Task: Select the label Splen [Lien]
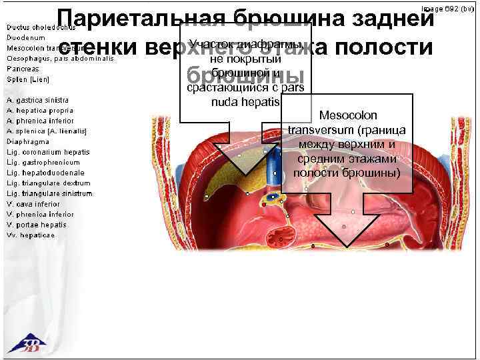(28, 79)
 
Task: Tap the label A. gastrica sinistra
(37, 100)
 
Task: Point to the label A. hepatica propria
(40, 110)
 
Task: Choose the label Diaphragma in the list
(28, 141)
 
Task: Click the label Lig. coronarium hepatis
(48, 152)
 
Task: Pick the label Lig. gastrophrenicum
(43, 162)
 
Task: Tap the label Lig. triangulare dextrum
(49, 183)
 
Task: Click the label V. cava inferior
(33, 204)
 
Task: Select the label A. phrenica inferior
(40, 121)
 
